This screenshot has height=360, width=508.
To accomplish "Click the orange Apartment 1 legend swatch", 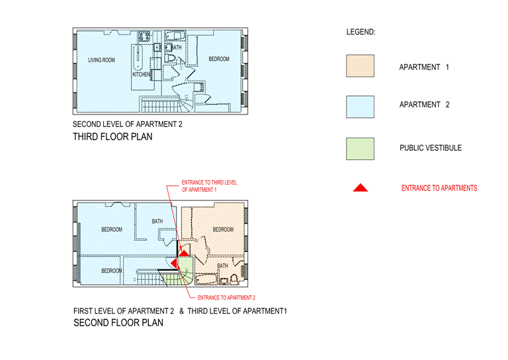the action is tap(360, 66).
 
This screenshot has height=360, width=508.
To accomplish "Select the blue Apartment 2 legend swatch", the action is tap(360, 107).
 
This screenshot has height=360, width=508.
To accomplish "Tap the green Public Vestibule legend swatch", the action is tap(360, 149).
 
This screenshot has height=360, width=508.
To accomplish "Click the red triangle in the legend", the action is tap(360, 188).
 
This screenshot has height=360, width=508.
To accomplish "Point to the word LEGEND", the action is tap(360, 32).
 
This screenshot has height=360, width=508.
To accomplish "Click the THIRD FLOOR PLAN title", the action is tap(112, 138).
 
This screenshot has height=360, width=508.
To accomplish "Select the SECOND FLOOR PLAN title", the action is tap(118, 324).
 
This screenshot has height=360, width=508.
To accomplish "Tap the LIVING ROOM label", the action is tap(101, 60).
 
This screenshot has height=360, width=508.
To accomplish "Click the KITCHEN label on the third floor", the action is tap(142, 75).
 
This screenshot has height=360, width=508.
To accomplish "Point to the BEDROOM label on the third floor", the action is tap(219, 60).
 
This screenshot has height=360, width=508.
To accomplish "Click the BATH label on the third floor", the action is tap(177, 48).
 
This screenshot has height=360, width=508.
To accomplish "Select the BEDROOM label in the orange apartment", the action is tap(223, 230).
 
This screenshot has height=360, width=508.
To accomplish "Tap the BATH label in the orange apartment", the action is tap(223, 266).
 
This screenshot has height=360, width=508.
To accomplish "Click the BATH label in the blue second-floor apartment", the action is tap(157, 221).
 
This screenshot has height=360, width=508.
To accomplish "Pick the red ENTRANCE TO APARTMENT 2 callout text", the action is tap(226, 298).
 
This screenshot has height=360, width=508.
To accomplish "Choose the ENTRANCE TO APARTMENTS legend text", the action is tap(439, 189).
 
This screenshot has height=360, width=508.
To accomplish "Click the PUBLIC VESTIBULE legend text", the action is tap(430, 148).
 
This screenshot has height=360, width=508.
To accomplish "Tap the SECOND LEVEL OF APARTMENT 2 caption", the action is tap(127, 124).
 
